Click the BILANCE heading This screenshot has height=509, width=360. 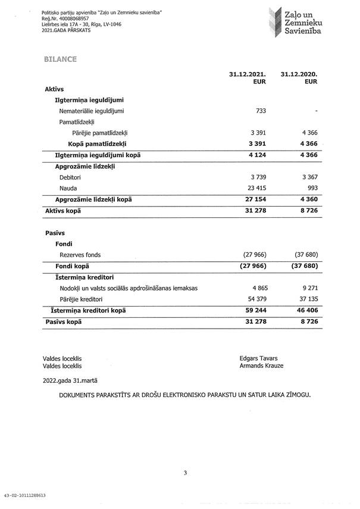pos(60,60)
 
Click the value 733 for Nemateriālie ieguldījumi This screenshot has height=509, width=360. pos(260,111)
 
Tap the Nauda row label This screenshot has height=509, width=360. pos(68,188)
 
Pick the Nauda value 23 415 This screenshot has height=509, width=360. pos(256,188)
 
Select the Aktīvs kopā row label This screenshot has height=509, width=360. pos(62,211)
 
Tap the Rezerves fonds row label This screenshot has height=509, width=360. pos(80,255)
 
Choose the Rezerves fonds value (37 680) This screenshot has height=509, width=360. pos(305,255)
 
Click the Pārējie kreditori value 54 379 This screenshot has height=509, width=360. pos(256,299)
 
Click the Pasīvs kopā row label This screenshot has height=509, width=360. pos(63,321)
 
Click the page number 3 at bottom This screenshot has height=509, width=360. pos(185,473)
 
